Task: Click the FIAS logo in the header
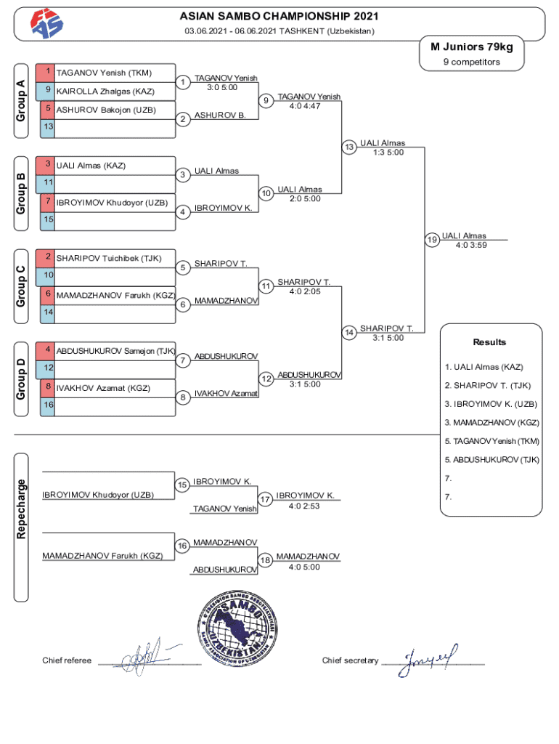coord(46,25)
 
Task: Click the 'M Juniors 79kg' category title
coord(471,46)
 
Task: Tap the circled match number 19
coord(432,240)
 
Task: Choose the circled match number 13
coord(349,147)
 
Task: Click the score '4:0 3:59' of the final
coord(471,245)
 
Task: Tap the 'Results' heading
coord(489,342)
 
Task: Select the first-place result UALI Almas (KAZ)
coord(484,367)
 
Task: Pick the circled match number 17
coord(265,499)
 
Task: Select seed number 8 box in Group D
coord(47,388)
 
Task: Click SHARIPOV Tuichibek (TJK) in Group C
coord(108,258)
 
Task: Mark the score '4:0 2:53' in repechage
coord(303,506)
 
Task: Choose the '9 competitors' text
coord(471,62)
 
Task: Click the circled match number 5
coord(184,268)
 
